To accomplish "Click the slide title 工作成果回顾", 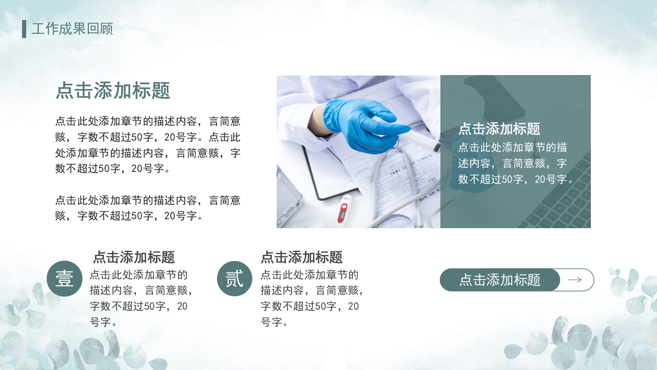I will [72, 29].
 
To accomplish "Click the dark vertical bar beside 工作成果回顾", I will [24, 29].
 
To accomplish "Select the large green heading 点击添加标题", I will [113, 91].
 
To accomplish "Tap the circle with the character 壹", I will [65, 279].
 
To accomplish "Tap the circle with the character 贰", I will [235, 279].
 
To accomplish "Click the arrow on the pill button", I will [575, 280].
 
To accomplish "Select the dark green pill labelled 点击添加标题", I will [499, 280].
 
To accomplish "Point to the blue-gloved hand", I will [359, 123].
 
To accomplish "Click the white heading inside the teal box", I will [499, 128].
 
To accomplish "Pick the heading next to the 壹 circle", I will [133, 257].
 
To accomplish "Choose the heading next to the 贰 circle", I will [301, 257].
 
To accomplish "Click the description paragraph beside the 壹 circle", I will [141, 299].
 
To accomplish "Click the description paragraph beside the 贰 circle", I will [312, 299].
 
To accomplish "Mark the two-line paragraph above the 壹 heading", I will [148, 208].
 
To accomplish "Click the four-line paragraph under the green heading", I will [148, 145].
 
